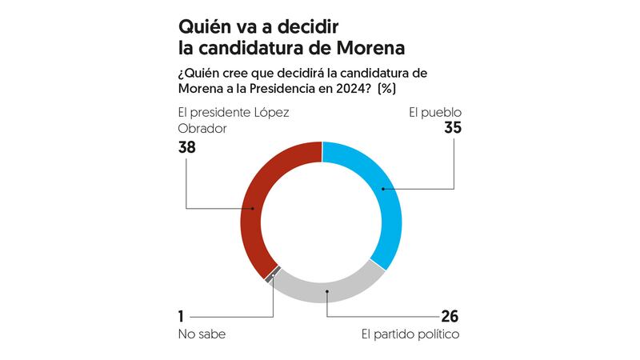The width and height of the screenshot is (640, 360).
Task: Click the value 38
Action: click(187, 148)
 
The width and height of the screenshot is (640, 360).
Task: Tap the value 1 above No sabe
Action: click(182, 315)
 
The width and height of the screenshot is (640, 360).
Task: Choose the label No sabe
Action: click(202, 334)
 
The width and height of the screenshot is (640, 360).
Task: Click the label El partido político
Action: click(410, 334)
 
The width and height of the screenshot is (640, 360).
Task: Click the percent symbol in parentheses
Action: click(388, 87)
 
